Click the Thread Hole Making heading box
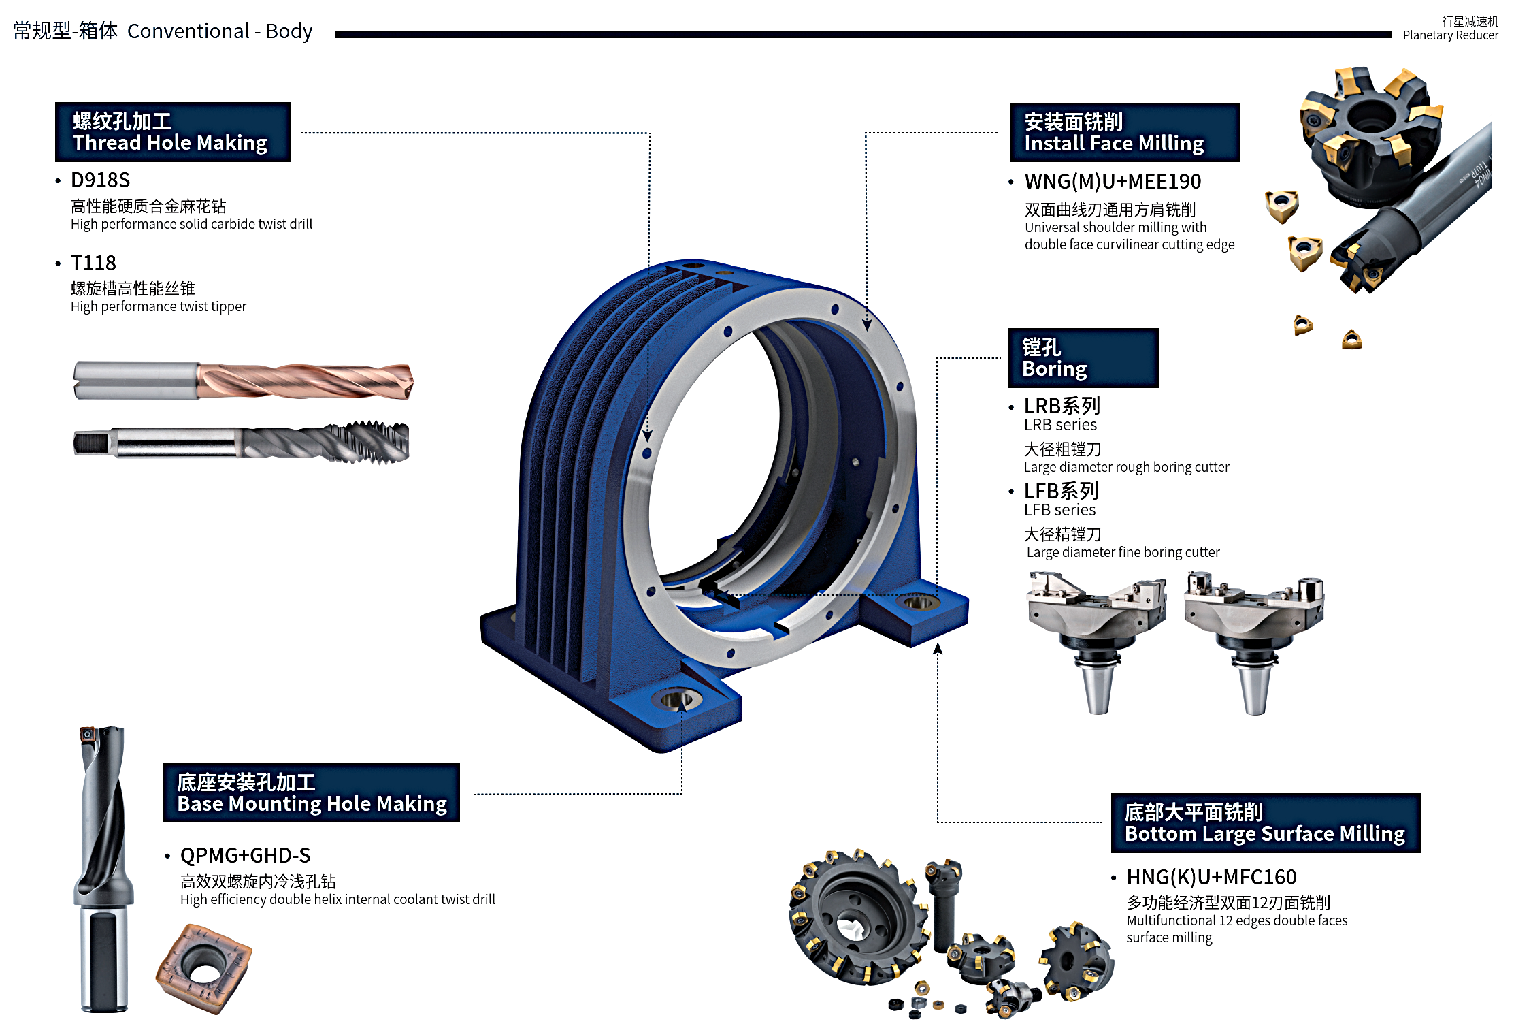(x=172, y=132)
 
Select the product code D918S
(x=100, y=180)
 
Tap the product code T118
(x=93, y=263)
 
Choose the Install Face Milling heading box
(x=1124, y=133)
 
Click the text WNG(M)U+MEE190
(x=1113, y=182)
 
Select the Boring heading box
(x=1083, y=358)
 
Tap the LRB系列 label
(x=1062, y=406)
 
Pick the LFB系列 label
(x=1061, y=491)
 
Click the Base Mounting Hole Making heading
(x=311, y=793)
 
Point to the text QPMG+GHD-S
(x=245, y=856)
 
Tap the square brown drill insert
(x=203, y=968)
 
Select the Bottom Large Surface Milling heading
(x=1265, y=823)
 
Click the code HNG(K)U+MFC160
(x=1211, y=878)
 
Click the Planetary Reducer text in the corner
(x=1450, y=35)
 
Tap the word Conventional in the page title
(x=188, y=31)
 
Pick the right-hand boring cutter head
(x=1253, y=633)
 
